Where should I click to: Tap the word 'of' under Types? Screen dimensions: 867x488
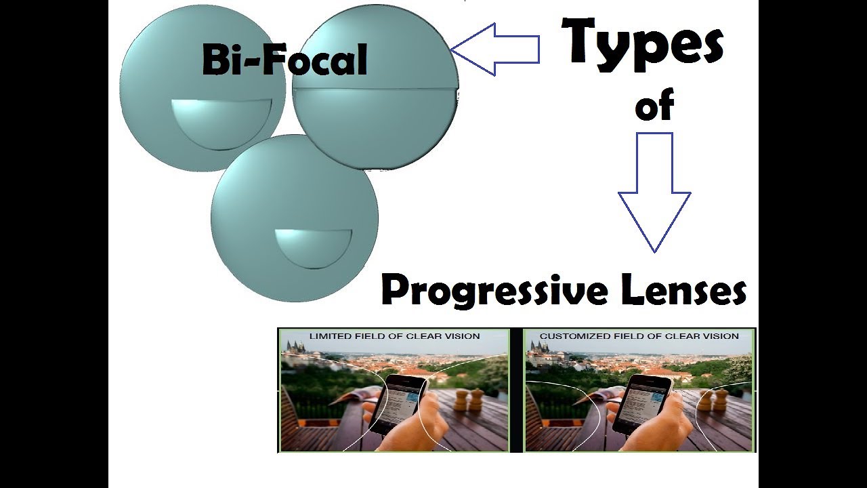pos(654,106)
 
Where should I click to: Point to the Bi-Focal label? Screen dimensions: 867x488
pos(284,60)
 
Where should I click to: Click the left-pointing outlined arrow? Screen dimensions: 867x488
pos(494,49)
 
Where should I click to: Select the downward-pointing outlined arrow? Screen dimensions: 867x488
pos(654,192)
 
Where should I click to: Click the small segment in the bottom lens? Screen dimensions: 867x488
pos(313,246)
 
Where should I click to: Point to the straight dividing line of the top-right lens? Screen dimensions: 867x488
pos(375,89)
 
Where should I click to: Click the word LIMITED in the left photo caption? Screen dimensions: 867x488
pos(330,336)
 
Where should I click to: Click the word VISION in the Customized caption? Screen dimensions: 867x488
pos(722,336)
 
